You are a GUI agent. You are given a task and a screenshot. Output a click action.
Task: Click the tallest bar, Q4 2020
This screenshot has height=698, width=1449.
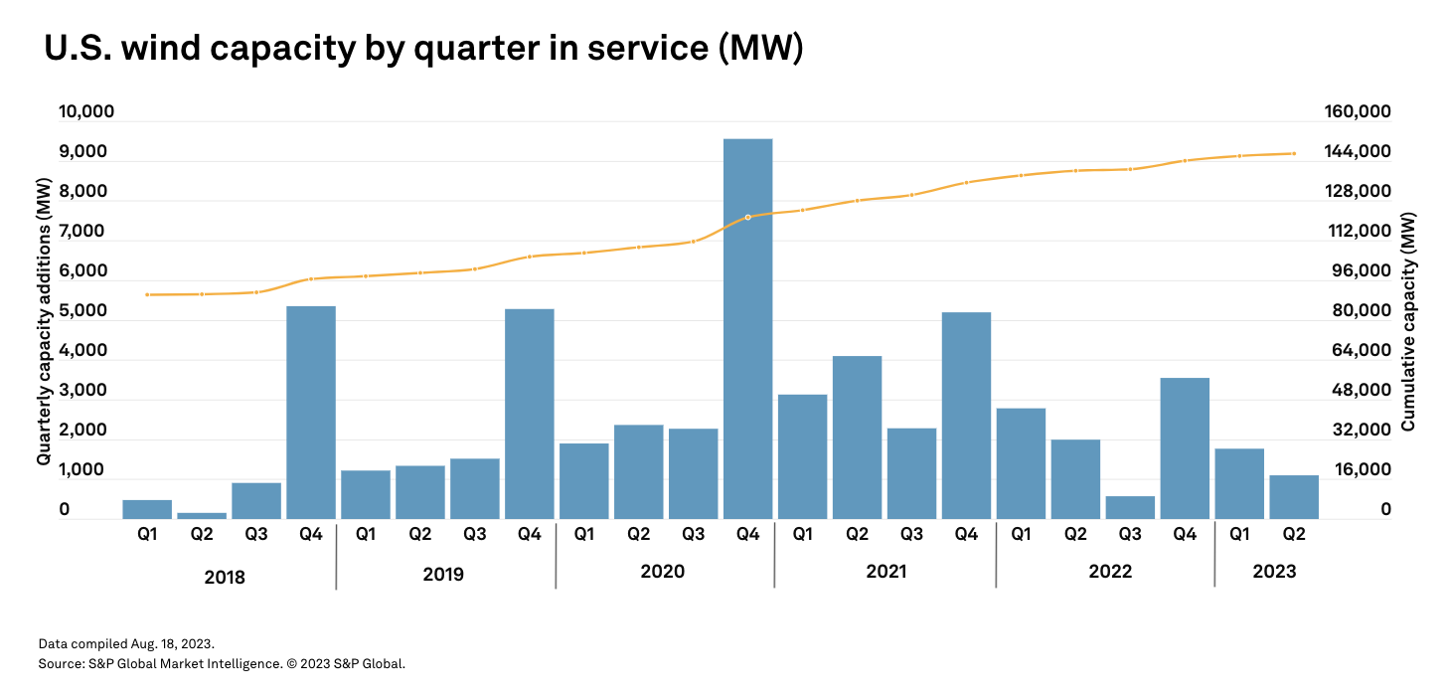coord(747,328)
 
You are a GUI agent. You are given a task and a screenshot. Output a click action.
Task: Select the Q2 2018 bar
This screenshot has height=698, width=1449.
coord(202,515)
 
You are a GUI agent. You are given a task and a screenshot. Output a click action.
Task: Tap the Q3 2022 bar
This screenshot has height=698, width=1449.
coord(1130,507)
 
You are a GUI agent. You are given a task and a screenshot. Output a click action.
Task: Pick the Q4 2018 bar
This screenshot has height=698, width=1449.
coord(311,412)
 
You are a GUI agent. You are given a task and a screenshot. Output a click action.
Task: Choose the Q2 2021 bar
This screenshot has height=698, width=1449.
coord(857,437)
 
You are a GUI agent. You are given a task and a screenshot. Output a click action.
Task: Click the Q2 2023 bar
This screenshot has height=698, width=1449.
coord(1293,497)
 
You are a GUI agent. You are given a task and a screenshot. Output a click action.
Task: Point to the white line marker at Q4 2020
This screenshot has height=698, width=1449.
coord(747,217)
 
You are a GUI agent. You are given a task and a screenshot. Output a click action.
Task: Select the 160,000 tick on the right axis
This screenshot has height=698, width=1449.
coord(1357,112)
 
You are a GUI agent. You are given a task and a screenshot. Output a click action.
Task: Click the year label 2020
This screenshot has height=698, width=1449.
coord(664,572)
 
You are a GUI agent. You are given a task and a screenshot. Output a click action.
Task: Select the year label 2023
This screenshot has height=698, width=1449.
coord(1275,572)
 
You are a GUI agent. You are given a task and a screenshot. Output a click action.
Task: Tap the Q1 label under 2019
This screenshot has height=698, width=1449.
coord(366,535)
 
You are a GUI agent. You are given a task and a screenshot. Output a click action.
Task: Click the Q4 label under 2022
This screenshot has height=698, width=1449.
coord(1185,535)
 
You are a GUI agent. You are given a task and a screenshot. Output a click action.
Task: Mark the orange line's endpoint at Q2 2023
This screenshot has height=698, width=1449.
coord(1293,153)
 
